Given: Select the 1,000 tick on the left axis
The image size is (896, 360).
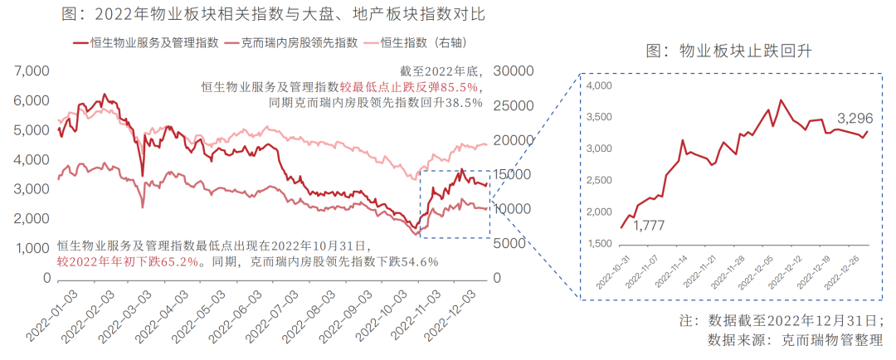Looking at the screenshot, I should (x=34, y=248).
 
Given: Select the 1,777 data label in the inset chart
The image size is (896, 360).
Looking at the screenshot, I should (x=650, y=225).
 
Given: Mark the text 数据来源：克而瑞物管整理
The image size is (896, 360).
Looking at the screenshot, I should (x=801, y=339).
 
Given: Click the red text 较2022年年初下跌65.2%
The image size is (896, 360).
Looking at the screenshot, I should (x=129, y=261).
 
